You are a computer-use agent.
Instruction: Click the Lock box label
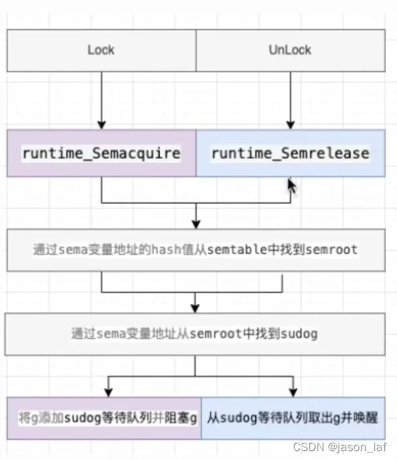101,50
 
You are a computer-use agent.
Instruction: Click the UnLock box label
290,50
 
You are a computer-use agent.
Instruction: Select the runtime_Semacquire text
101,153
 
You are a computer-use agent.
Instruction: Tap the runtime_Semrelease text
290,153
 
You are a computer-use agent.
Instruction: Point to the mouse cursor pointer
292,186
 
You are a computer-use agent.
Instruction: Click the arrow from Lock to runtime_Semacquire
101,101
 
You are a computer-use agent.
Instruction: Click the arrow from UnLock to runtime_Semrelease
290,101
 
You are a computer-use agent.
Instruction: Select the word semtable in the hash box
237,250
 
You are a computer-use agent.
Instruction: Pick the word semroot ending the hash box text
331,250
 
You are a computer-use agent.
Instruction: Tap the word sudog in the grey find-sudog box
299,334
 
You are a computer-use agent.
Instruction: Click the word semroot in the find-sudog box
216,334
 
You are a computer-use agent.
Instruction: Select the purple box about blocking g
104,418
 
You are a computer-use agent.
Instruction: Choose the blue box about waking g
294,418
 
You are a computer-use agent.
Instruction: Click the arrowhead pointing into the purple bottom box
109,393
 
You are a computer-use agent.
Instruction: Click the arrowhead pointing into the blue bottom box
293,393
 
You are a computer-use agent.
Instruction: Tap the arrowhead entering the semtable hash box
196,225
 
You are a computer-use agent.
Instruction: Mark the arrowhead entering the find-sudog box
195,309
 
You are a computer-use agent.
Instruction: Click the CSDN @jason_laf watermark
340,447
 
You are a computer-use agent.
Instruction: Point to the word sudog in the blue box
239,418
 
